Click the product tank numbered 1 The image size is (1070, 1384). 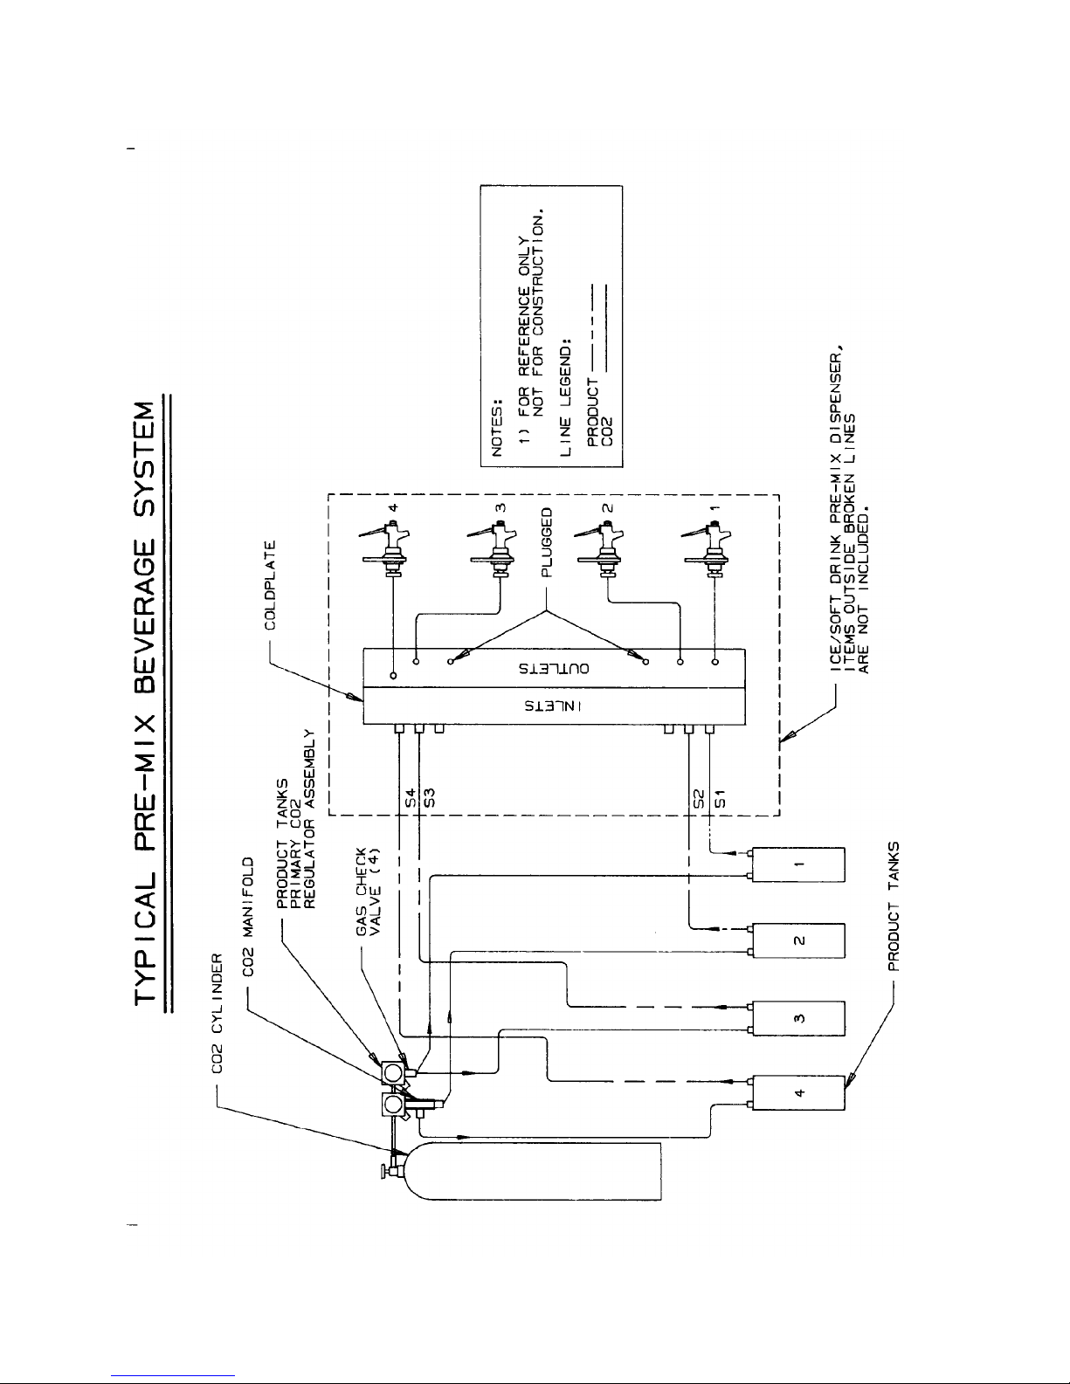click(x=798, y=865)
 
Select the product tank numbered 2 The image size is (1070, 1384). click(x=798, y=940)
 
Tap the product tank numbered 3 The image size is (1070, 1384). click(x=798, y=1018)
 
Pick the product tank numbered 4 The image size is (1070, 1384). click(x=798, y=1093)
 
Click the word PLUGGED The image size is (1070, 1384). click(x=547, y=542)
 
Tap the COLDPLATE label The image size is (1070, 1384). click(x=270, y=585)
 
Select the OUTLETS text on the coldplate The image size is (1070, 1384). click(x=554, y=669)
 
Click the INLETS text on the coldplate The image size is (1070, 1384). click(x=553, y=706)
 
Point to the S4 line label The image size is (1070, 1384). click(x=411, y=797)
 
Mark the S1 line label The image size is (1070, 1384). click(x=719, y=797)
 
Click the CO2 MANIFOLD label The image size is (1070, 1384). click(x=248, y=917)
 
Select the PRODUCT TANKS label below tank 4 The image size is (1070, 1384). click(x=894, y=906)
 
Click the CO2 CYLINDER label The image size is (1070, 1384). click(x=217, y=1013)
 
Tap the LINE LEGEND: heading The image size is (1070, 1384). click(x=565, y=396)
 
